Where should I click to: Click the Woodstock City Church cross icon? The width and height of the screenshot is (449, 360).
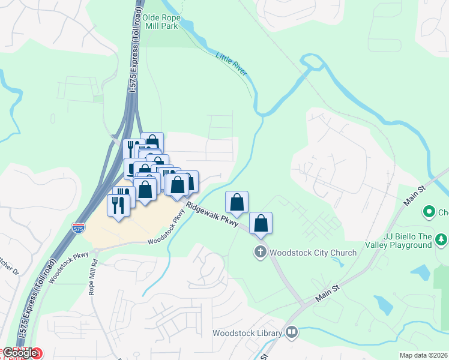tap(261, 252)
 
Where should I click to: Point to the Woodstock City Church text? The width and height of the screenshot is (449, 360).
tap(313, 253)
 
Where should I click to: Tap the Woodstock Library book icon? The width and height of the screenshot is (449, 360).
tap(292, 332)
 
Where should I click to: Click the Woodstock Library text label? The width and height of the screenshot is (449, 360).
tap(247, 333)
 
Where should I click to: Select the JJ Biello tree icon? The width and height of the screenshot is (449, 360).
tap(442, 240)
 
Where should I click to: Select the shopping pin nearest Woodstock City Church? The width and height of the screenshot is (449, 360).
tap(261, 223)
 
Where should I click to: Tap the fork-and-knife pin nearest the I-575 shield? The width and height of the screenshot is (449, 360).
tap(118, 205)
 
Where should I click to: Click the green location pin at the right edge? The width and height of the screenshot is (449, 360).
tap(429, 212)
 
